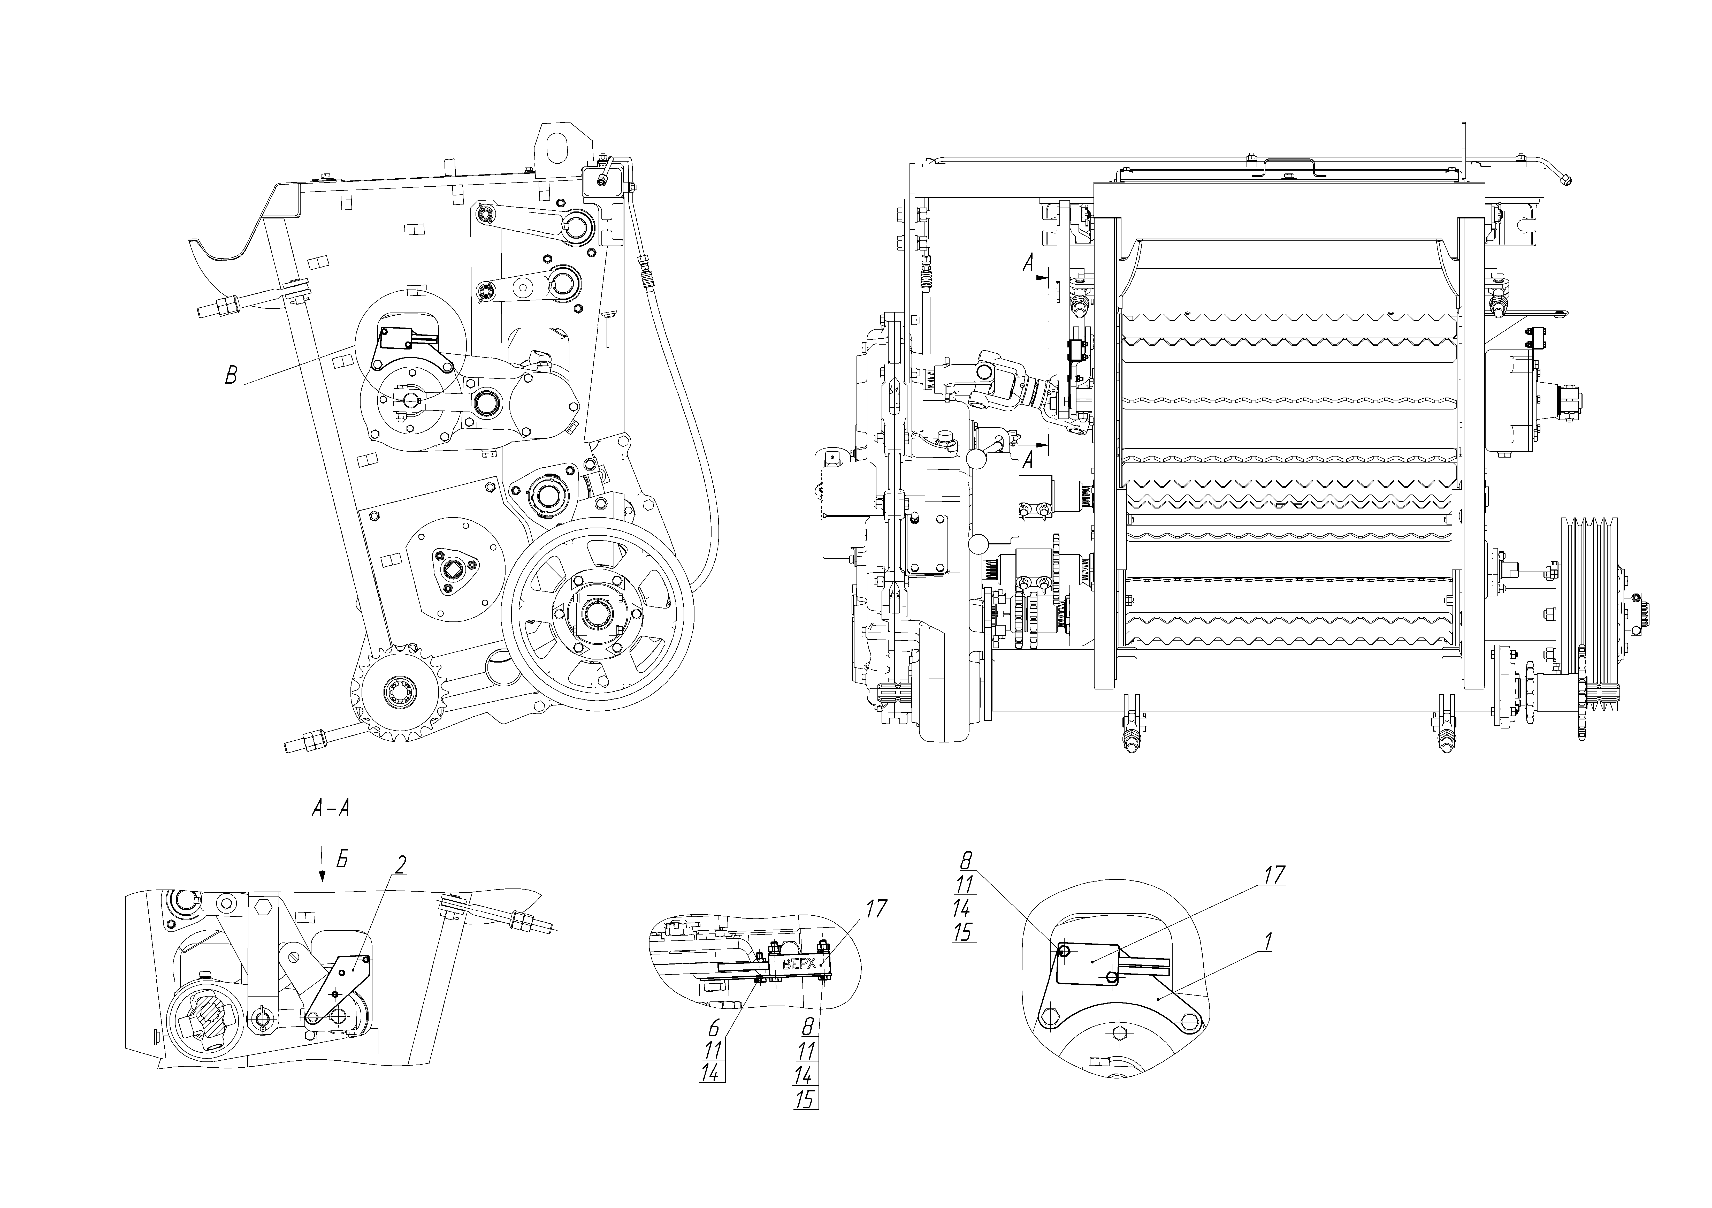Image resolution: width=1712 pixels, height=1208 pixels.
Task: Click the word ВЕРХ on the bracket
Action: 799,963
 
